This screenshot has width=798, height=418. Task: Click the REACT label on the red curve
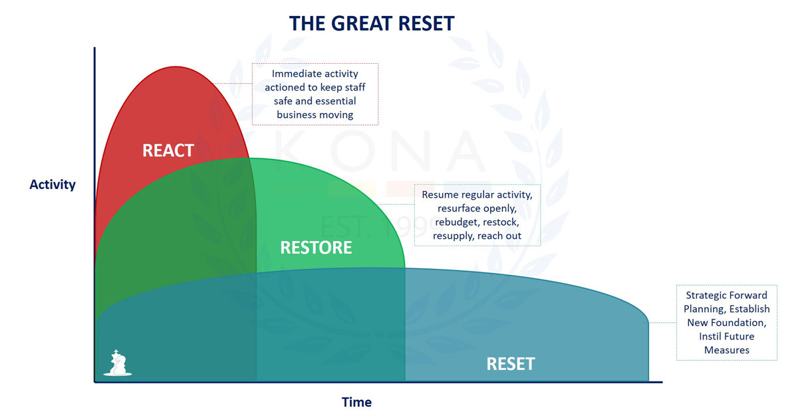click(x=168, y=150)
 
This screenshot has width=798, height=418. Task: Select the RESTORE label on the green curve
click(x=316, y=248)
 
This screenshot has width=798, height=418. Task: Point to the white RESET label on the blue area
click(x=511, y=364)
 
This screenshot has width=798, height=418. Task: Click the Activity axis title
click(x=53, y=184)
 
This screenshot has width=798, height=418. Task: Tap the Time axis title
click(x=356, y=402)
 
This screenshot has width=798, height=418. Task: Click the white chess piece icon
click(x=118, y=363)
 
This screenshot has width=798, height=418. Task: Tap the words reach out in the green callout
click(x=499, y=236)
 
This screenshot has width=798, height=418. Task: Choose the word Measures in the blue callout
click(x=727, y=350)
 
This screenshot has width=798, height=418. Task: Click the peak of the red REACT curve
click(x=174, y=67)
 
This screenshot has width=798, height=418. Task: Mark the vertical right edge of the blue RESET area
click(x=648, y=349)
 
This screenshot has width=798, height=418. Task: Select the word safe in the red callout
click(x=285, y=101)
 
